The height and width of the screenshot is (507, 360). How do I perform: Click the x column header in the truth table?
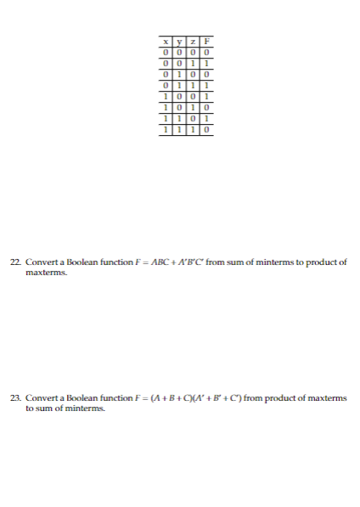[166, 43]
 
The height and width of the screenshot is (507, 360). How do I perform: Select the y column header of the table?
[178, 43]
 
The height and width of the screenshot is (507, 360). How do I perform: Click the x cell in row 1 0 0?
[166, 99]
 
